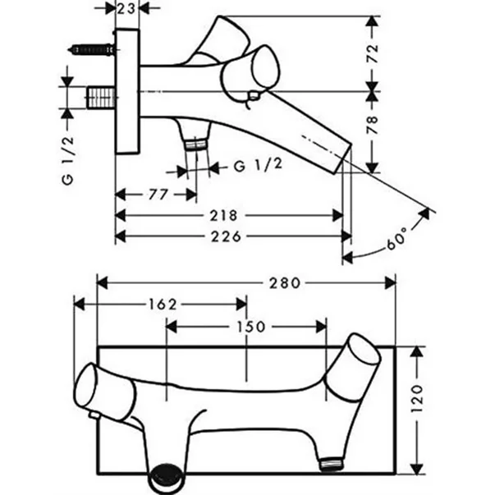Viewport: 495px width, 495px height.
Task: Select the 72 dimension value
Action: tap(373, 55)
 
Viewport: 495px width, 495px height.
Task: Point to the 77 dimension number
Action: tap(158, 195)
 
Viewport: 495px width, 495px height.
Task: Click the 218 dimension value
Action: tap(225, 216)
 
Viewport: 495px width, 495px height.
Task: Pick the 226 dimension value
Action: tap(225, 236)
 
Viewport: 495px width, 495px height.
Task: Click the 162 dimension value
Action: tap(164, 304)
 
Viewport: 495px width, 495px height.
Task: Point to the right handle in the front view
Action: tap(357, 361)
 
